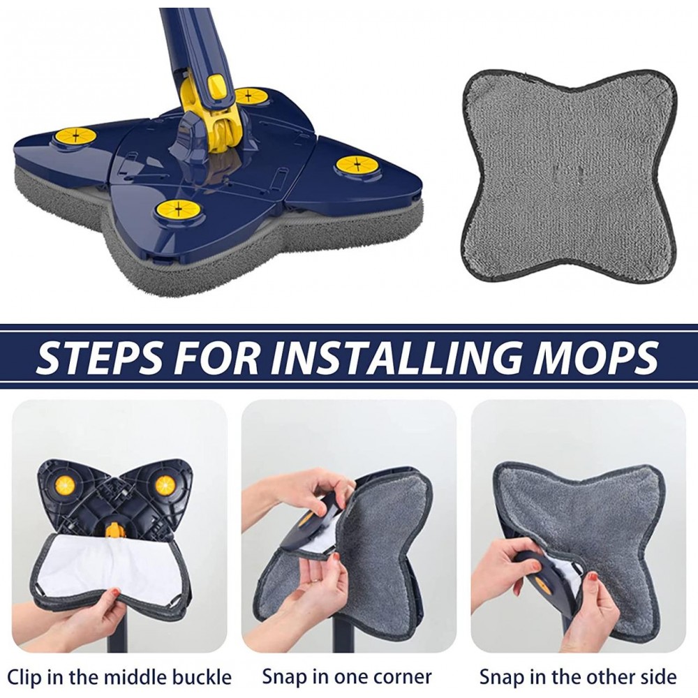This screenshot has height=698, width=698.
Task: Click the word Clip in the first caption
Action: coord(24,677)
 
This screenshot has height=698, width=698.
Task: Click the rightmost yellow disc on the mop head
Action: coord(357,165)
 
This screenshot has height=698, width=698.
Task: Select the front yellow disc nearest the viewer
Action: coord(177,208)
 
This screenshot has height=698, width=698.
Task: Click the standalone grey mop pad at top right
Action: coord(569,175)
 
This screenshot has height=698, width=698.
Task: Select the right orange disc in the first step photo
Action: coord(164,485)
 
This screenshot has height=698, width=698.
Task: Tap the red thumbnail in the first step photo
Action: coord(116,592)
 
